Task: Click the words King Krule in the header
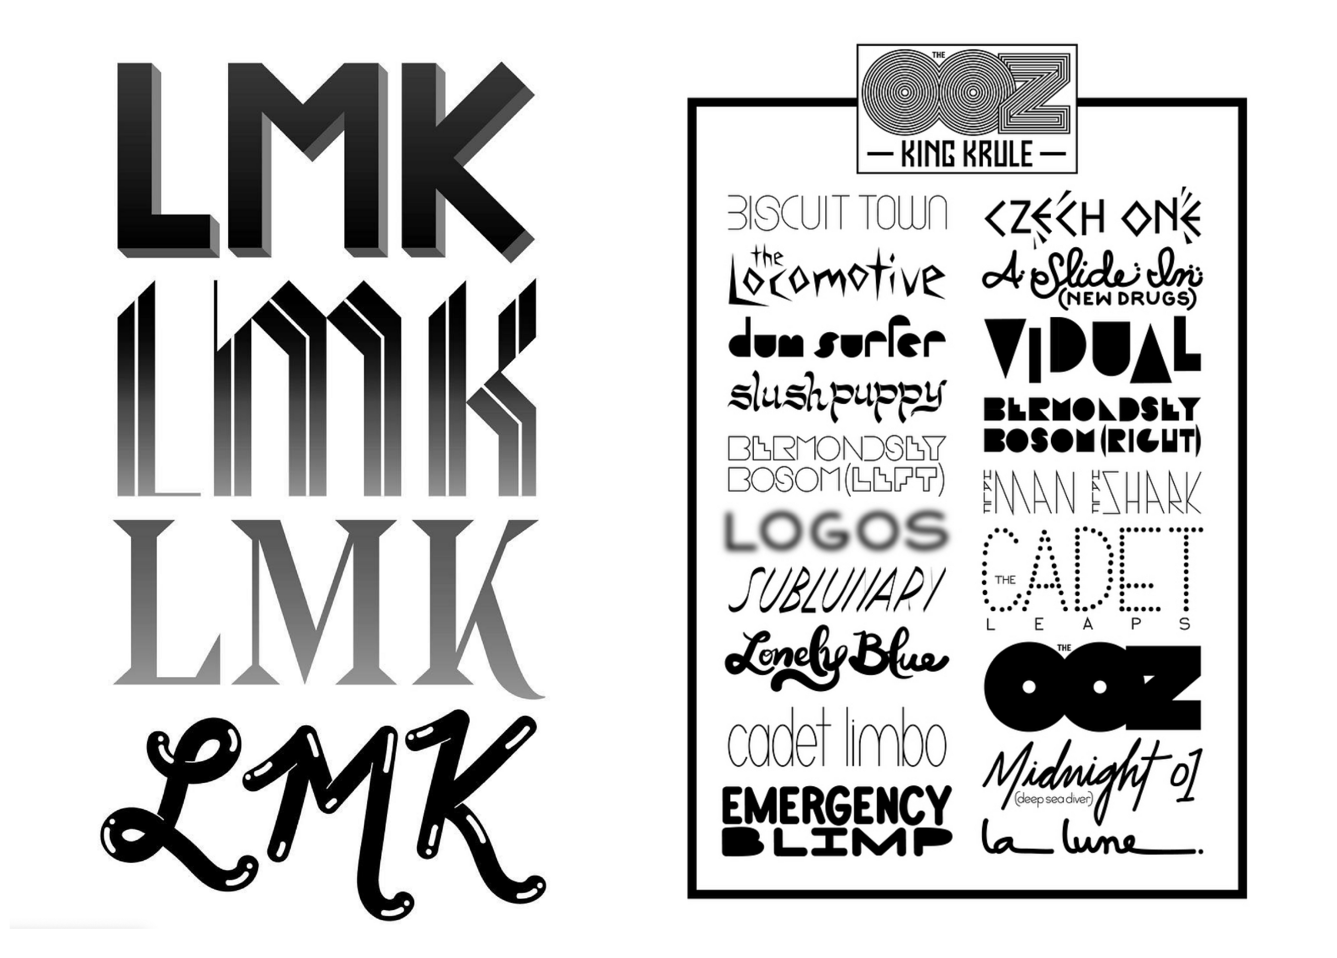(x=967, y=155)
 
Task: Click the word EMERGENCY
(x=836, y=806)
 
